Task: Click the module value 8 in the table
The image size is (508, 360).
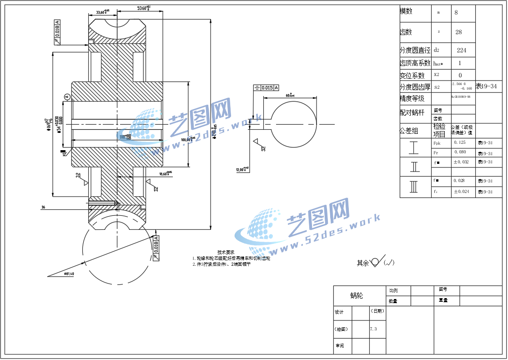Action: point(456,13)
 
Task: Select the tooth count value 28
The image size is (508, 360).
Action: point(458,32)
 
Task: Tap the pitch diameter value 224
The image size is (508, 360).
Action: point(461,50)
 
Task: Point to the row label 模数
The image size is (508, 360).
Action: point(406,11)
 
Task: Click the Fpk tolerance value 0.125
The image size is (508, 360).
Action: point(460,142)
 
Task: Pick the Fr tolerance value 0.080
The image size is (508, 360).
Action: point(460,152)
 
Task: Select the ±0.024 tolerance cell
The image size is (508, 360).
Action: point(461,192)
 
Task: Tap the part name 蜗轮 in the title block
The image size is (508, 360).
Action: point(357,296)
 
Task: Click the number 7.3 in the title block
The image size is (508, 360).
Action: point(373,329)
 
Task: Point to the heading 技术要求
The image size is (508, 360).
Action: point(226,252)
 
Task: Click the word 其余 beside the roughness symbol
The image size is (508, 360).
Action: point(363,263)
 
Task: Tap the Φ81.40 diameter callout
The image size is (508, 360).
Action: point(70,274)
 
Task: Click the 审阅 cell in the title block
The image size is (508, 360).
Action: point(340,346)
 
